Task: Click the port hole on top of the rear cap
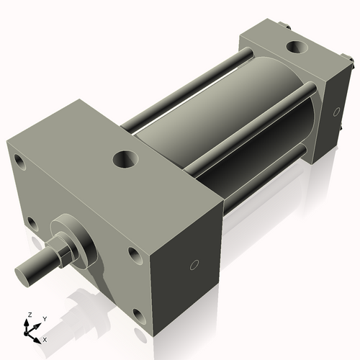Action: pyautogui.click(x=295, y=48)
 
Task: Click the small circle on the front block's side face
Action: pyautogui.click(x=193, y=266)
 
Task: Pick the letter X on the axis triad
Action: pyautogui.click(x=45, y=338)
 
